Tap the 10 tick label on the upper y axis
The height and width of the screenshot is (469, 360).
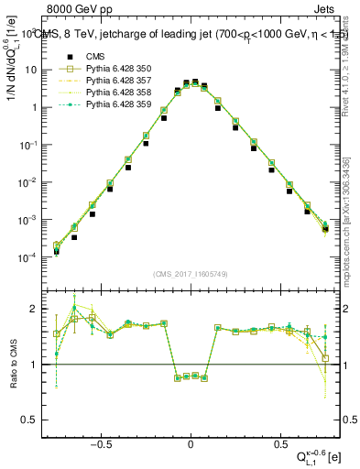tap(30, 70)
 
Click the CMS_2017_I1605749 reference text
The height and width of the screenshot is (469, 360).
tap(190, 274)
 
